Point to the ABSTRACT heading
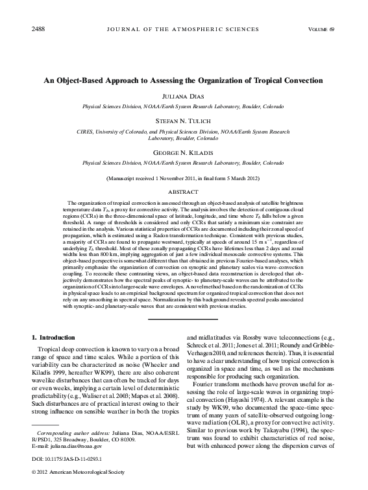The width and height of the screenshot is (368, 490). click(x=184, y=192)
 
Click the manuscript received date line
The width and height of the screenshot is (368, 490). click(x=184, y=177)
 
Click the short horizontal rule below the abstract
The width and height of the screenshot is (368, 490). click(x=184, y=319)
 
